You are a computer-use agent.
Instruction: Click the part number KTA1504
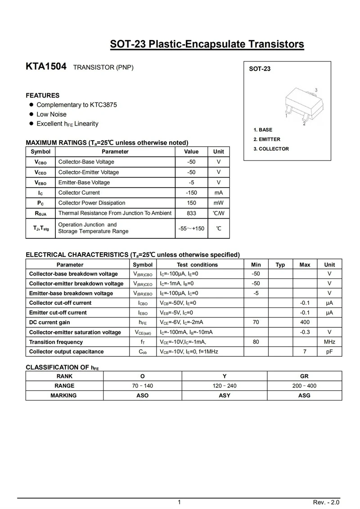[x=46, y=67]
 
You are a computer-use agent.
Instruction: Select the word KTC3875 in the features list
[x=103, y=105]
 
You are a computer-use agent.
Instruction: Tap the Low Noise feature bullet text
[x=51, y=114]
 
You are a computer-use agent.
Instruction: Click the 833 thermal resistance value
[x=191, y=213]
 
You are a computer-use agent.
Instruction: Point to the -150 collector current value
[x=191, y=192]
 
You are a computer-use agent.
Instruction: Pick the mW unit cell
[x=218, y=203]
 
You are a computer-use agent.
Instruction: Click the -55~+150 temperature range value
[x=191, y=228]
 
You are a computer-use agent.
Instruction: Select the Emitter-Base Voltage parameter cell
[x=84, y=183]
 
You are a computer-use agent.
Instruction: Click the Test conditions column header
[x=197, y=265]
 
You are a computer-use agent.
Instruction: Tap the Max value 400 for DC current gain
[x=305, y=322]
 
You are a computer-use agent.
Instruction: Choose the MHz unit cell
[x=329, y=342]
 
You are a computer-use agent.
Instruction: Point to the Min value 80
[x=256, y=342]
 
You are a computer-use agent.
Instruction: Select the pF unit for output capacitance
[x=329, y=352]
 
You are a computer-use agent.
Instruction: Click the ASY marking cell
[x=224, y=395]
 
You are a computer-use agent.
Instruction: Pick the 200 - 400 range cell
[x=304, y=386]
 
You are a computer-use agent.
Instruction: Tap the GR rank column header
[x=304, y=376]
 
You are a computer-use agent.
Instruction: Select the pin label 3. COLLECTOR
[x=271, y=149]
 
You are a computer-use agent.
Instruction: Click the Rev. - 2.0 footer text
[x=326, y=502]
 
